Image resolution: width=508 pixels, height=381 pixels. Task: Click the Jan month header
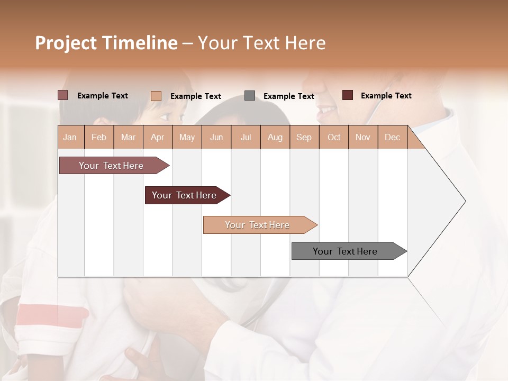70,137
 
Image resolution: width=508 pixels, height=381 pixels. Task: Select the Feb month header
99,137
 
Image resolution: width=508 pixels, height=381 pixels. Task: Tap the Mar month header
128,137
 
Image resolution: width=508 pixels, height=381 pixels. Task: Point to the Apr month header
158,137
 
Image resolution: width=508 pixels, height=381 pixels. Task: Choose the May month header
187,137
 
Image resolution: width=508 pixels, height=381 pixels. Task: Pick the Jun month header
216,137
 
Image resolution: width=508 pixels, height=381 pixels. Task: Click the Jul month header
246,137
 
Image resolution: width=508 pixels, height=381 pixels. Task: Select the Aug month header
275,137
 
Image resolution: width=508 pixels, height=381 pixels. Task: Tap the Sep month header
304,137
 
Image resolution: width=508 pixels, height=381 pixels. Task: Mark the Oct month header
334,137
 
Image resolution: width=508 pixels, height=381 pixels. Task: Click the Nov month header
362,137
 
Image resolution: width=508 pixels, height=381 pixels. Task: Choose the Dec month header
392,137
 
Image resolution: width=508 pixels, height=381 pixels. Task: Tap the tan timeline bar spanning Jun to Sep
258,225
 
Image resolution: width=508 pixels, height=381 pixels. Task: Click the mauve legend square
63,95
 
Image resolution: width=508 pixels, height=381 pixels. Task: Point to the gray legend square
250,96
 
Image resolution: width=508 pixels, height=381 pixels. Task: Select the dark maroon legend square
348,95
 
